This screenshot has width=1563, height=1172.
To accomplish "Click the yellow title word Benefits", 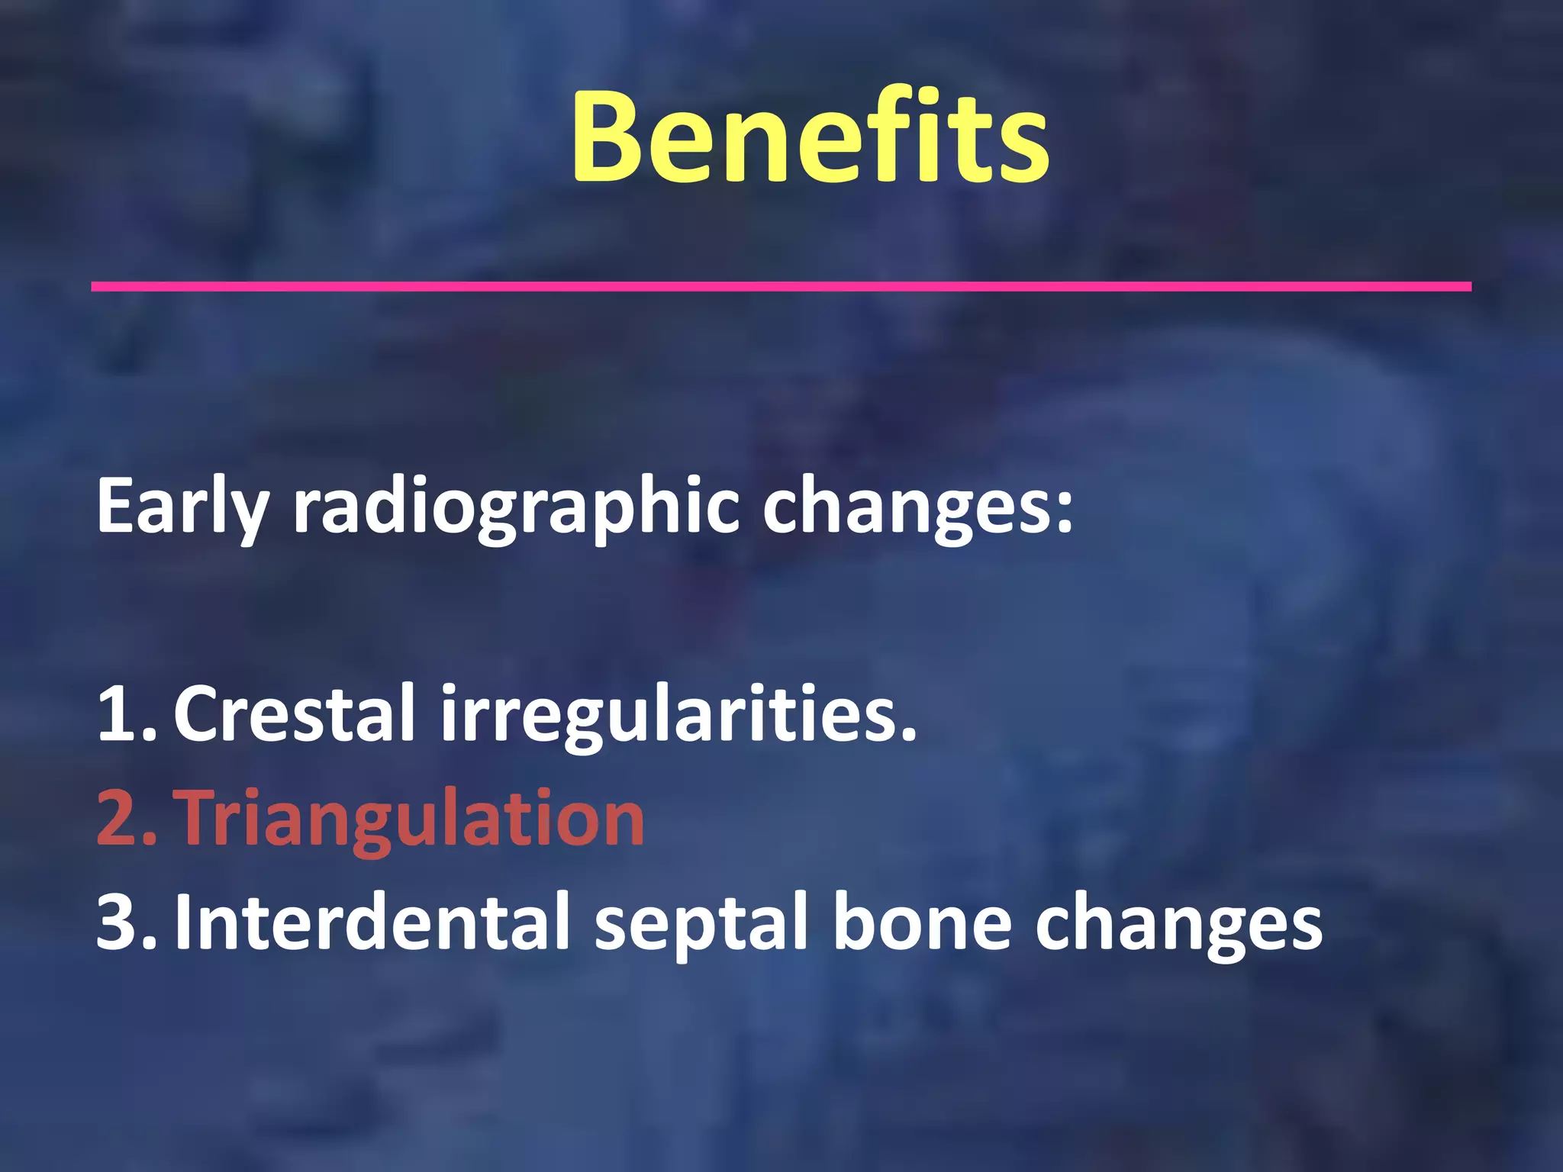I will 810,137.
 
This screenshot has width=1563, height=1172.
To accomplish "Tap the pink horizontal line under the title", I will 781,286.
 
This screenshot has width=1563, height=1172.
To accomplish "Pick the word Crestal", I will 294,713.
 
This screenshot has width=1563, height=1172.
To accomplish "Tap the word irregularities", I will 672,713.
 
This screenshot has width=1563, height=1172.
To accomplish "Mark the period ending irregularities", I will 908,736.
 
